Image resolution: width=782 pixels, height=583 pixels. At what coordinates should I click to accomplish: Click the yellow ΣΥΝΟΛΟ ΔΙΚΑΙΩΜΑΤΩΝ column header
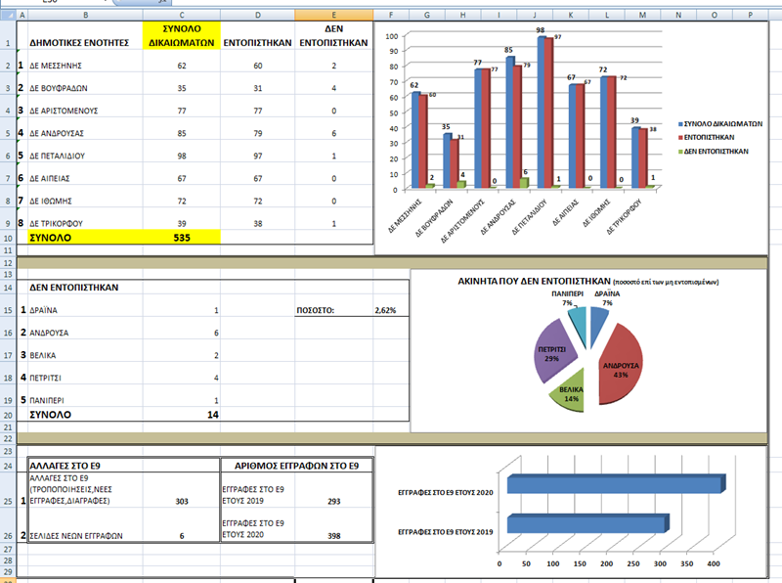182,35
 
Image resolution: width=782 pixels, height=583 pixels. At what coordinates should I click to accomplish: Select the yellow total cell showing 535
182,237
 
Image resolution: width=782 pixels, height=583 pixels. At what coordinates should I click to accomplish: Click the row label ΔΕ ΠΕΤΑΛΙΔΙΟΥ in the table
65,156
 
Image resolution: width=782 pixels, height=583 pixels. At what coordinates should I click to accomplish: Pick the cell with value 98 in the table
182,156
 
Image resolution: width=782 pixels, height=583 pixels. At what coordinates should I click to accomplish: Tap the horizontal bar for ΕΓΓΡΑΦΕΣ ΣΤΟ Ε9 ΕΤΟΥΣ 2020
614,482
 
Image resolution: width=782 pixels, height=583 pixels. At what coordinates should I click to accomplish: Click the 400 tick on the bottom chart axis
714,565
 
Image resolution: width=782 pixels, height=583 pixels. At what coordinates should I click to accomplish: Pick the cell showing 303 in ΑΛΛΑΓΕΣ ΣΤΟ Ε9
180,501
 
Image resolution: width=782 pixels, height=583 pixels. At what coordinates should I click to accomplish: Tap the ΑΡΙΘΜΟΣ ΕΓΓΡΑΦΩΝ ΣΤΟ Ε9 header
296,465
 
